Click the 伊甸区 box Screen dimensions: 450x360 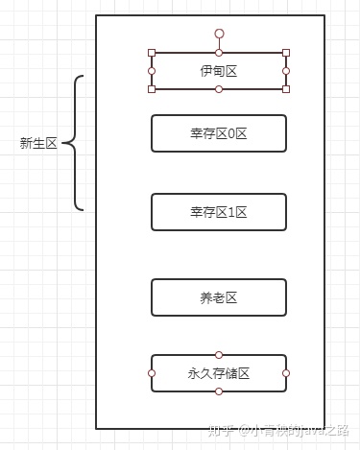click(x=219, y=71)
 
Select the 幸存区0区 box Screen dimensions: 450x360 click(x=219, y=133)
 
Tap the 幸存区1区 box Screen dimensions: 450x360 click(x=219, y=212)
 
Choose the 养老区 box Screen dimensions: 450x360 click(x=219, y=297)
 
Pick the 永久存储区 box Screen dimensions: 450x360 click(x=219, y=373)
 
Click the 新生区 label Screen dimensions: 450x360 click(x=39, y=144)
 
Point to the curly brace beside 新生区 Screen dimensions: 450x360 click(x=77, y=143)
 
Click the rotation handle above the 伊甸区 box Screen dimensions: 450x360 click(x=219, y=34)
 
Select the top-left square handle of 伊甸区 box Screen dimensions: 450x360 click(x=152, y=53)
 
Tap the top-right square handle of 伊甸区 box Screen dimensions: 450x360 click(x=286, y=53)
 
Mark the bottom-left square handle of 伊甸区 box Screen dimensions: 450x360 click(x=152, y=89)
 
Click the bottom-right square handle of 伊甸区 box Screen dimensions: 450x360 click(x=286, y=89)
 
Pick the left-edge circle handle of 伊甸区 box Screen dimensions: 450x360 click(x=152, y=71)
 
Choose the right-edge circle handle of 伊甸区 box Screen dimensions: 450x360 click(x=286, y=71)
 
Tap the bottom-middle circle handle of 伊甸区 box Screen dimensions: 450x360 click(x=219, y=89)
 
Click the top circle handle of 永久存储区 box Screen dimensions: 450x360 click(x=219, y=355)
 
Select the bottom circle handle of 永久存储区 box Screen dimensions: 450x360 click(x=219, y=391)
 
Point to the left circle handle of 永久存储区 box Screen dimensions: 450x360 click(x=152, y=373)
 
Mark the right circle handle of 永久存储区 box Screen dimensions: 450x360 click(x=286, y=373)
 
